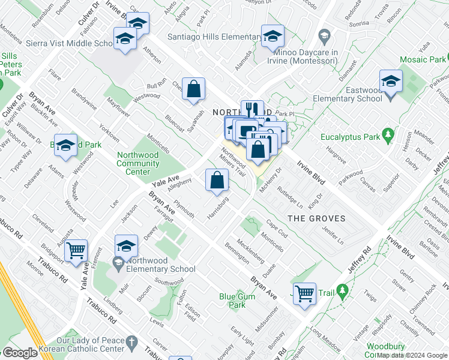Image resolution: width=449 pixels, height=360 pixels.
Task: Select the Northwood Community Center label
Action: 137,163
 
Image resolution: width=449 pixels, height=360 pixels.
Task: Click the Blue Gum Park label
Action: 232,300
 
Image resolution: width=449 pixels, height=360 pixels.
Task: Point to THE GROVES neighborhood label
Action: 316,218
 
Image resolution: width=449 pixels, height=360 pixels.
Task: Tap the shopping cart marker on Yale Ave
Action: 76,251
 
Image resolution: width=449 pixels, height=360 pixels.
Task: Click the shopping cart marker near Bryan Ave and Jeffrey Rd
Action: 305,293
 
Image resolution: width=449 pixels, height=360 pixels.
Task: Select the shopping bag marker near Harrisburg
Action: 217,179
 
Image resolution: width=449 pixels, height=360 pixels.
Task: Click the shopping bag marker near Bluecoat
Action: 194,90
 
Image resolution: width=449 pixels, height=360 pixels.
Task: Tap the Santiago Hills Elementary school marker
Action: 273,38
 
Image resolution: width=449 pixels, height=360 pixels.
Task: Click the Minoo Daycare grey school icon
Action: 325,35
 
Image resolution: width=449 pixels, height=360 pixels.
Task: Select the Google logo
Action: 20,353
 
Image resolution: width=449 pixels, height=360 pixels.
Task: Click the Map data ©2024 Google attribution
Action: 412,355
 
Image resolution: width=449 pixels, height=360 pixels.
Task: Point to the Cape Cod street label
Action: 277,228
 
